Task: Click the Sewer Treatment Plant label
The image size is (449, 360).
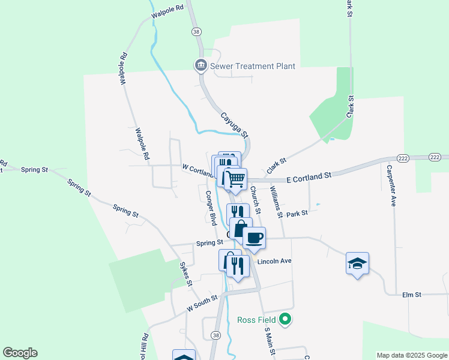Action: click(x=252, y=66)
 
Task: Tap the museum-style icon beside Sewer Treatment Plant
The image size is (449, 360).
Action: click(x=200, y=65)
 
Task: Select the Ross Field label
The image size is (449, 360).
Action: click(x=255, y=320)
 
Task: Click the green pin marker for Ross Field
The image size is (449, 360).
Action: click(x=286, y=320)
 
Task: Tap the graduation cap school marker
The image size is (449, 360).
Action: click(x=357, y=263)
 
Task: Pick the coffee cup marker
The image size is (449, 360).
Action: click(x=255, y=238)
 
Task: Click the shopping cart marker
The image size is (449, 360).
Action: click(x=235, y=178)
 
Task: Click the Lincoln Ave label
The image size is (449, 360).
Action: click(x=274, y=262)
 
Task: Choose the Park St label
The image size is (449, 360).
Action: click(x=297, y=213)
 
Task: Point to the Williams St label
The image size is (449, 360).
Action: click(x=276, y=201)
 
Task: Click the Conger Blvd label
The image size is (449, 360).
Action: click(x=211, y=207)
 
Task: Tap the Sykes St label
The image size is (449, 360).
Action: click(x=186, y=274)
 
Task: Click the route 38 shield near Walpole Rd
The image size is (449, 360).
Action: click(x=196, y=31)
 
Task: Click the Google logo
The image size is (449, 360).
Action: click(x=20, y=353)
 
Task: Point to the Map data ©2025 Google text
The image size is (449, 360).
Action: click(x=411, y=355)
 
